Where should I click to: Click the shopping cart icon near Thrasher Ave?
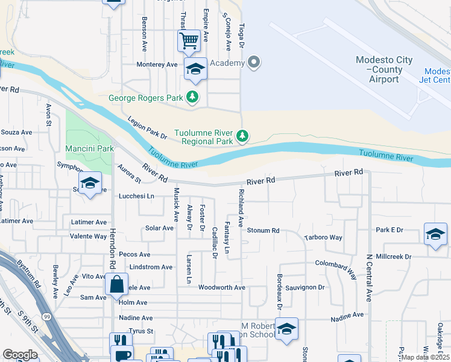189,41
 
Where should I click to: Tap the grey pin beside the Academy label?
254,63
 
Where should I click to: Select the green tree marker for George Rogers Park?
192,97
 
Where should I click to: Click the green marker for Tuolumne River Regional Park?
242,137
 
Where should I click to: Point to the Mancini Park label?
89,148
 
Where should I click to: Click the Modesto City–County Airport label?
384,69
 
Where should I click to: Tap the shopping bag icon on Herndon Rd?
116,284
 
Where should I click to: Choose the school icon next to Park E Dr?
435,233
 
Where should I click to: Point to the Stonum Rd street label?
263,230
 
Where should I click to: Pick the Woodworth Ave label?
221,288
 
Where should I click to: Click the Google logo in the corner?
20,355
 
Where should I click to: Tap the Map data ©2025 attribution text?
425,357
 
